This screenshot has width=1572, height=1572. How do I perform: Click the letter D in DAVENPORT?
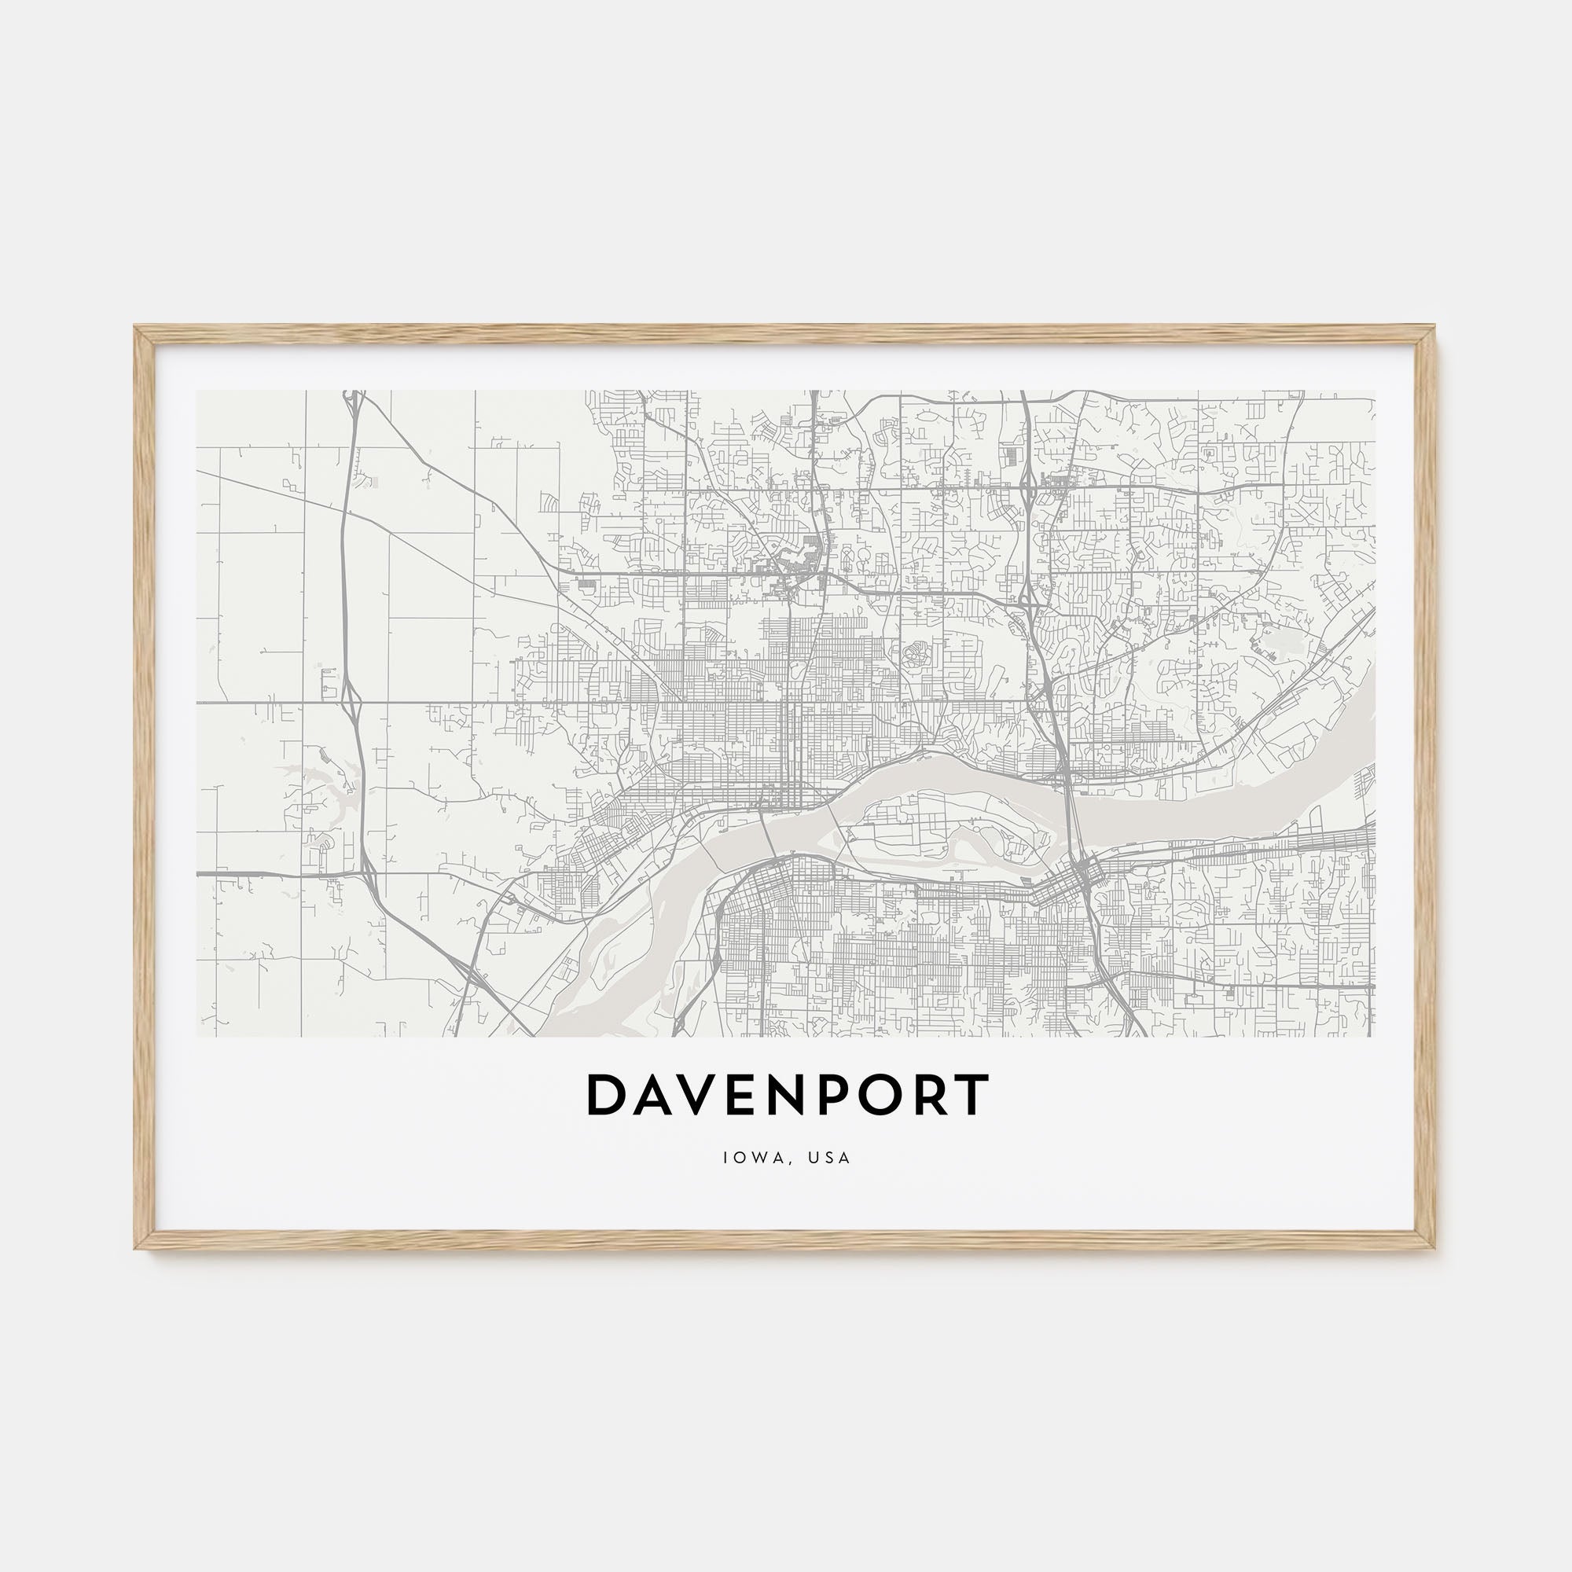[x=604, y=1095]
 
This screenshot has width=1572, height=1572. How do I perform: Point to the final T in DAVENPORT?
[x=973, y=1095]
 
